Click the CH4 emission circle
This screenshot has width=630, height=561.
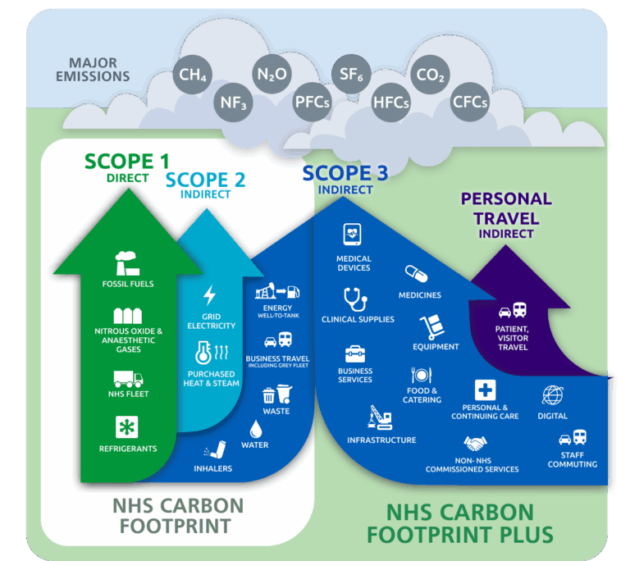coord(193,75)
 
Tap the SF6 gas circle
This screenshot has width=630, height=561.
coord(351,75)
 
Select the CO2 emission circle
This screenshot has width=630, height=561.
coord(430,75)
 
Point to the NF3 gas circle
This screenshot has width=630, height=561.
coord(233,103)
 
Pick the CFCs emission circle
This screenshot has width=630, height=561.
coord(470,102)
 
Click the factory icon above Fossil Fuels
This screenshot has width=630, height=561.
coord(127,263)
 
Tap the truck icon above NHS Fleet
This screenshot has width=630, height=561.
coord(128,379)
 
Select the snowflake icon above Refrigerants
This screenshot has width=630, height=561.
coord(127,426)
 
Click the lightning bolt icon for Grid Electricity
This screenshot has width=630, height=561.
coord(209,295)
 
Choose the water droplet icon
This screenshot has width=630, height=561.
coord(256,429)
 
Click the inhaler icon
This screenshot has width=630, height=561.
coord(216,449)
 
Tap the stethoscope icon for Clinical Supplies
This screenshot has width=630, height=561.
coord(355,299)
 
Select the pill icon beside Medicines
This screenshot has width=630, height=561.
coord(416,274)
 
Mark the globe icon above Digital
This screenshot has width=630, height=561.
coord(553,395)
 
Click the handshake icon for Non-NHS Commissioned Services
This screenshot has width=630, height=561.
coord(475,444)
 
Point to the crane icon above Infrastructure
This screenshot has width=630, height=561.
coord(380,417)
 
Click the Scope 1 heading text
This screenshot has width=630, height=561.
coord(127,162)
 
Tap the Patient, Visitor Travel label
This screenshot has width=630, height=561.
coord(512,338)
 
